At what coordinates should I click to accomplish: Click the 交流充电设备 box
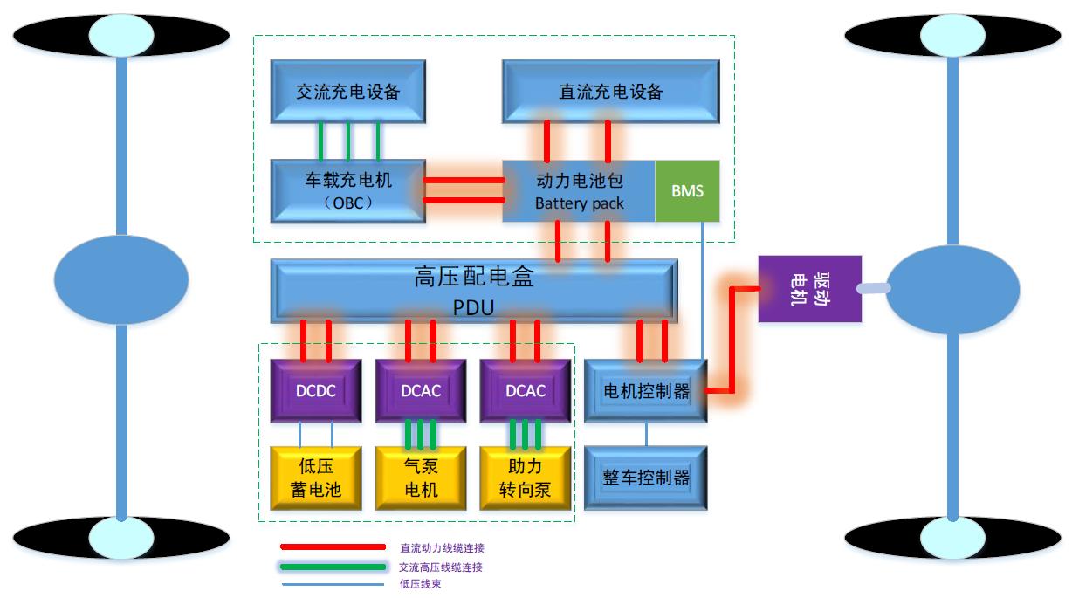(347, 92)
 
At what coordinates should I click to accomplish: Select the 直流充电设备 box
(610, 92)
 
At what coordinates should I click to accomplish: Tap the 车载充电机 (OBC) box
(347, 191)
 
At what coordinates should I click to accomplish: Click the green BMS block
(687, 191)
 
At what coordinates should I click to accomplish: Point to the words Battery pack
(579, 203)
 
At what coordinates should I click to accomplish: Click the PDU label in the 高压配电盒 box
(474, 307)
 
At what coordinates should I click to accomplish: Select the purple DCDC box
(315, 390)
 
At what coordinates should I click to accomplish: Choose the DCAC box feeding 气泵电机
(420, 390)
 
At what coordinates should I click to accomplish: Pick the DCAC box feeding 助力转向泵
(525, 390)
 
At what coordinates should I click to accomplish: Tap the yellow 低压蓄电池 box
(315, 478)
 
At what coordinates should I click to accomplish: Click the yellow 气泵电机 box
(420, 478)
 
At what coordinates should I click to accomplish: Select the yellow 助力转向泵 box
(525, 478)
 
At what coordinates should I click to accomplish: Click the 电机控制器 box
(646, 390)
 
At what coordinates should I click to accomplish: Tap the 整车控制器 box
(646, 478)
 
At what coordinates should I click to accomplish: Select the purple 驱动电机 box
(809, 289)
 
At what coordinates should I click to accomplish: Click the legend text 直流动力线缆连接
(442, 548)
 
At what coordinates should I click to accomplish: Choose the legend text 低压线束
(420, 584)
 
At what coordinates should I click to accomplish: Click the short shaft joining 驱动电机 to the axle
(873, 289)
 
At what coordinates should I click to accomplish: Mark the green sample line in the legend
(332, 567)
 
